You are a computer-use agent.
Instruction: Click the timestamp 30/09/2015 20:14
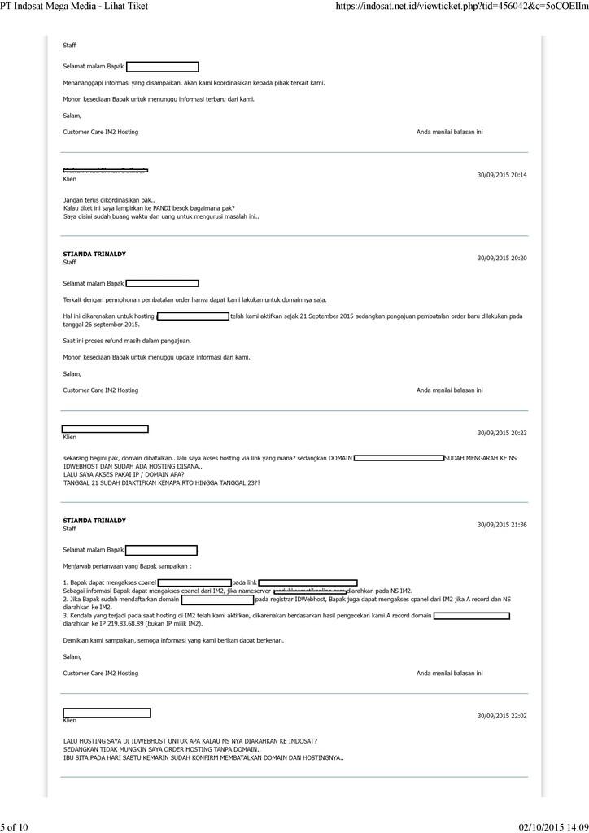(501, 175)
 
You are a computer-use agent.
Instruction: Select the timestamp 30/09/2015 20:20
(501, 258)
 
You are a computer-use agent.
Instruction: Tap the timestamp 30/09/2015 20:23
(501, 433)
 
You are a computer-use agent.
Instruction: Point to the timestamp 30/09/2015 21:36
(501, 525)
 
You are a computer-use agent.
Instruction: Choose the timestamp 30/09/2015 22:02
(501, 716)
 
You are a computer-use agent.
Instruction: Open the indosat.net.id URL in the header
(461, 7)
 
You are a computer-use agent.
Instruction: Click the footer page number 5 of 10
(15, 827)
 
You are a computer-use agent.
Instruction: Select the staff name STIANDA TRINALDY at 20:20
(94, 254)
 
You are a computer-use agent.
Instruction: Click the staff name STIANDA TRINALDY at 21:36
(94, 520)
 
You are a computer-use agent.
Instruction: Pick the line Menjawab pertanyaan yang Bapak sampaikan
(128, 565)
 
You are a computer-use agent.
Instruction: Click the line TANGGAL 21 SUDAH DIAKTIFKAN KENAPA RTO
(162, 482)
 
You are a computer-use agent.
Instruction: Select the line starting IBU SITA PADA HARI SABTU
(203, 757)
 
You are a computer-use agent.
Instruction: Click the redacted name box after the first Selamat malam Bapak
(162, 67)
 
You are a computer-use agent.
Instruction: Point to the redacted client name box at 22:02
(107, 713)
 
